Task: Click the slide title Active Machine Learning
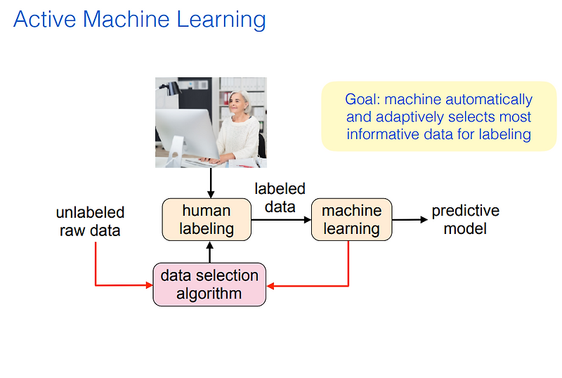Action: (139, 19)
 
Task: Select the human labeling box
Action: (207, 219)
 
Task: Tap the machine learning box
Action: (351, 219)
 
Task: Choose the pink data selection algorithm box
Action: (209, 285)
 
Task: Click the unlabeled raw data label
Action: (90, 221)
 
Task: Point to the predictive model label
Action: (465, 219)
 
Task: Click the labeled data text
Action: (280, 197)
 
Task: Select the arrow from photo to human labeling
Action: (209, 183)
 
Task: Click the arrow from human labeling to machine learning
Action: (281, 219)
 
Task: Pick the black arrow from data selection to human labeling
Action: (209, 252)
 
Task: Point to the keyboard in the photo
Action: (211, 161)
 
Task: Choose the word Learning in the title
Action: (224, 19)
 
